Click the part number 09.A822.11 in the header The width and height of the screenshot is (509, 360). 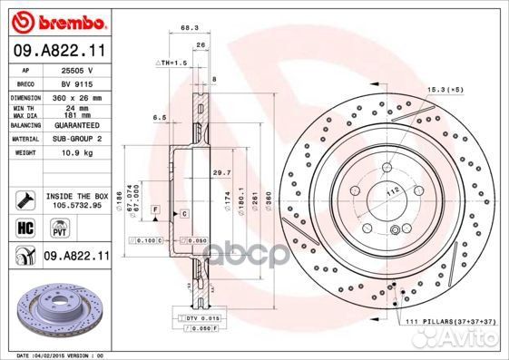coord(61,52)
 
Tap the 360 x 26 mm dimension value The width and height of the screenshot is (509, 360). coord(82,97)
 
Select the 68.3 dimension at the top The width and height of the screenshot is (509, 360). coord(189,27)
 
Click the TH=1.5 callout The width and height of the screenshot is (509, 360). coord(171,62)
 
